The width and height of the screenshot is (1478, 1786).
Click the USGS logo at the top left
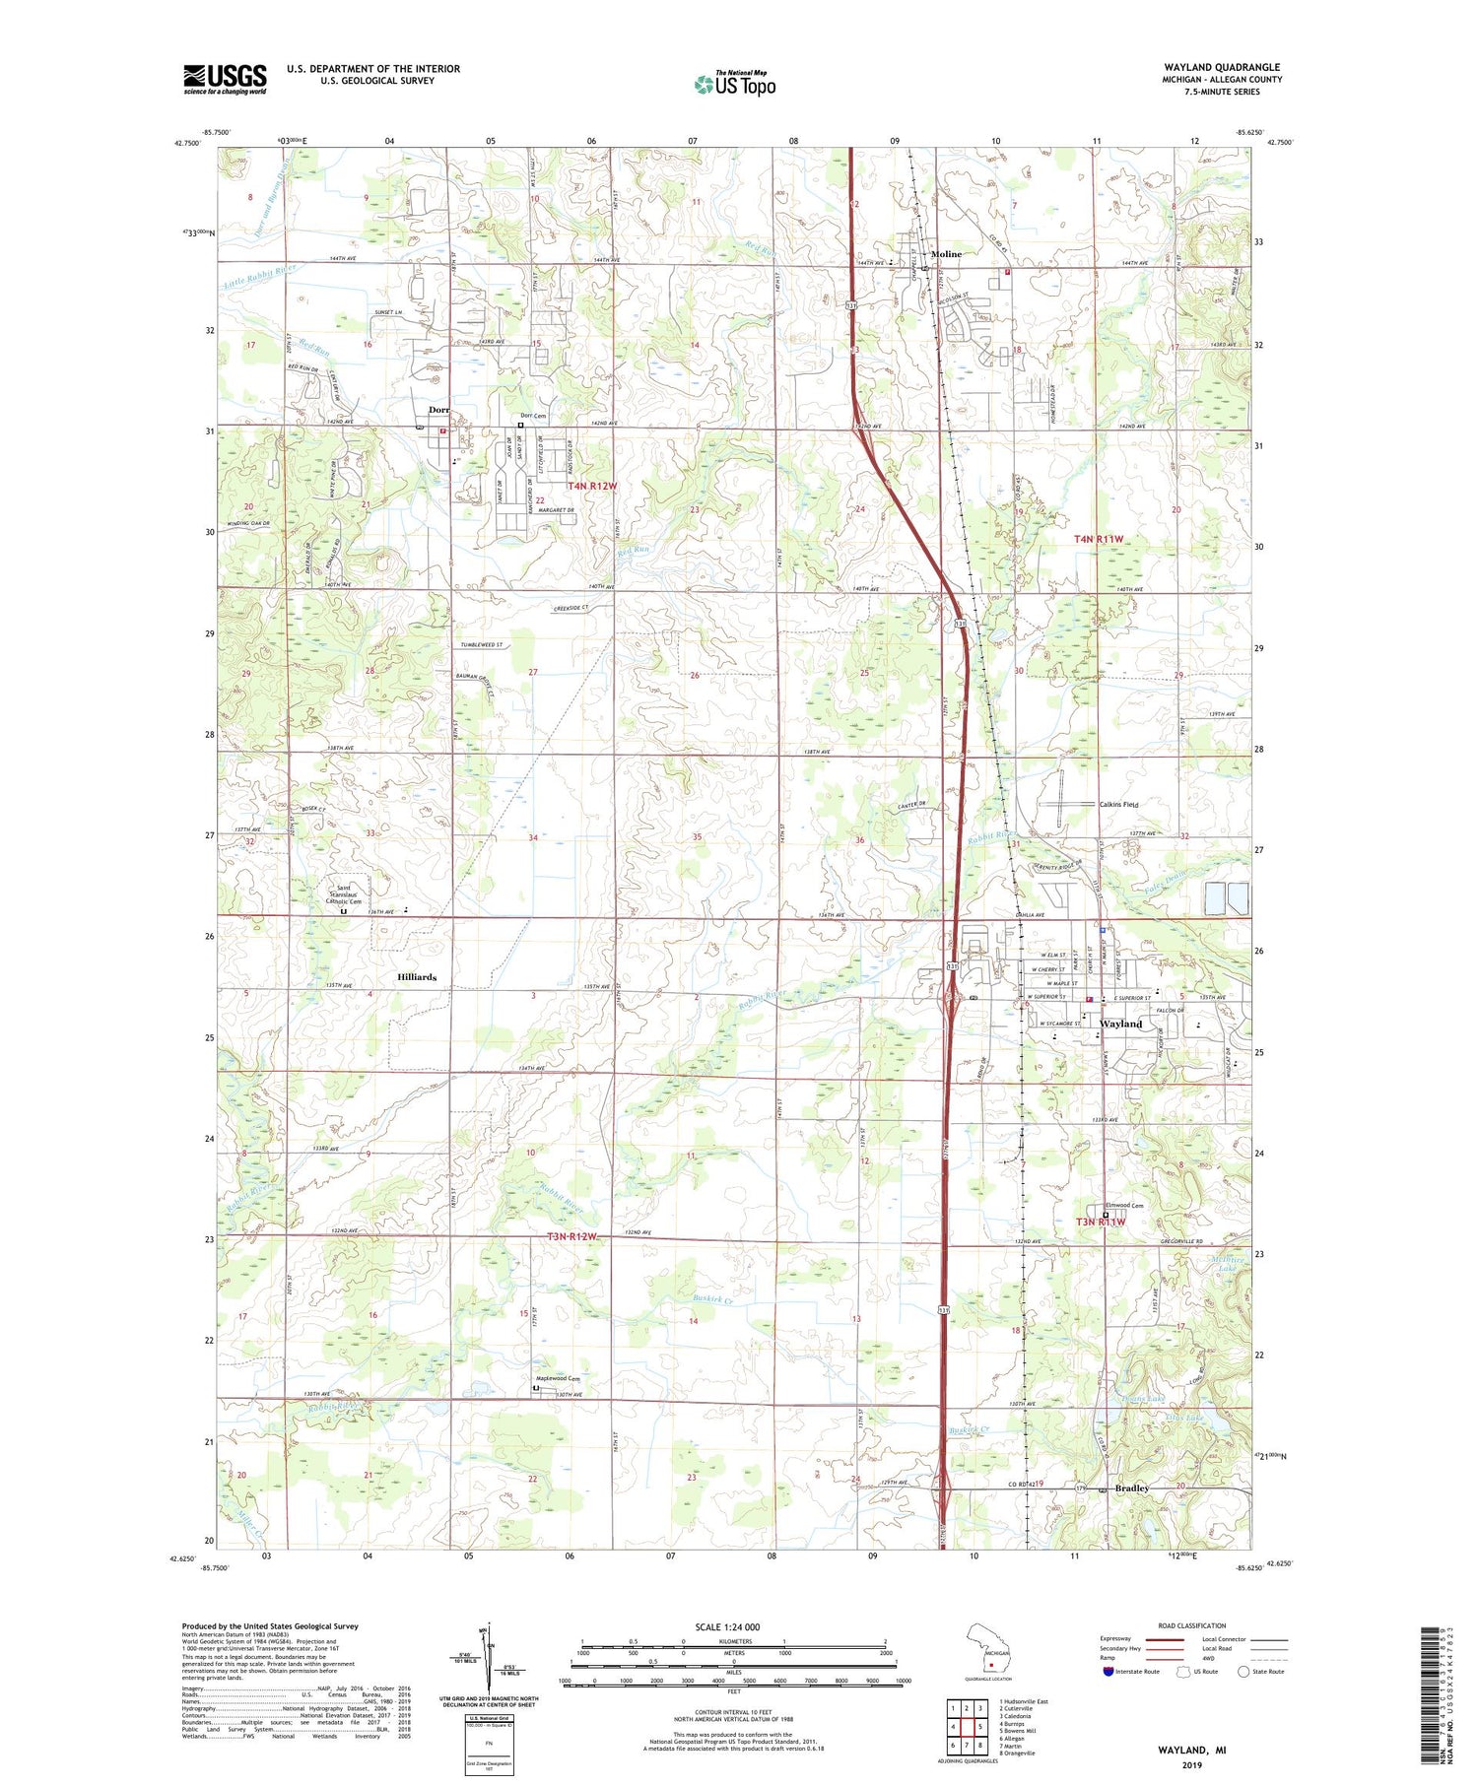(x=225, y=79)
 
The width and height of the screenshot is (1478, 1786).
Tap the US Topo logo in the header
(x=734, y=85)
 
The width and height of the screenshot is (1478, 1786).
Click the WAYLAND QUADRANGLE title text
(x=1222, y=67)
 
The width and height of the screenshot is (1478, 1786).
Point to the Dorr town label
(x=438, y=410)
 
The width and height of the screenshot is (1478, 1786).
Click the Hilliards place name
(x=416, y=977)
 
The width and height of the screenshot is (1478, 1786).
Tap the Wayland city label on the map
(x=1120, y=1024)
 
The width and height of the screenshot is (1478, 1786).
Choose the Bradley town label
(x=1131, y=1488)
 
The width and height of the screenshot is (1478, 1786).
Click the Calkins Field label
(x=1118, y=805)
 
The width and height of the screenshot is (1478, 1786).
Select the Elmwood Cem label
(x=1124, y=1206)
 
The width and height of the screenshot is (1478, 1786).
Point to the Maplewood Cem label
(x=557, y=1378)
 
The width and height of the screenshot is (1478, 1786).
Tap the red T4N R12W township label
(x=591, y=487)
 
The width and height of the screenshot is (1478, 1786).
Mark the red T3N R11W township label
(x=1099, y=1223)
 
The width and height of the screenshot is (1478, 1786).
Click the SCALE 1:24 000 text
(x=728, y=1627)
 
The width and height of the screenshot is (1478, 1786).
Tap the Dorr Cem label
(x=533, y=416)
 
